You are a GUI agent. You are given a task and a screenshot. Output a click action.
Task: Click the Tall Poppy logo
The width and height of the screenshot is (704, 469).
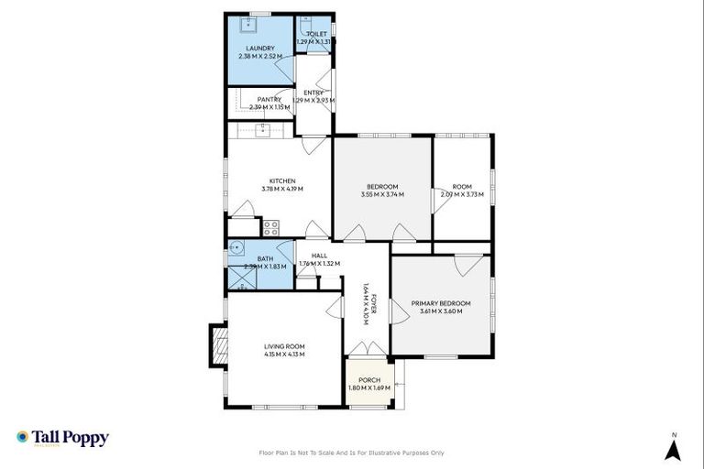[62, 438]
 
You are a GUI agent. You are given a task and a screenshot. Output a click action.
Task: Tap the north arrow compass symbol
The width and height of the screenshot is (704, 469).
[674, 448]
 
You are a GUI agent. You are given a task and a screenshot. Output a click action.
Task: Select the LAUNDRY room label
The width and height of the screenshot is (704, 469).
[258, 49]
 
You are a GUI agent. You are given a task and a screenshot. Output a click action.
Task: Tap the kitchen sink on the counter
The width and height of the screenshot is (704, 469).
[264, 130]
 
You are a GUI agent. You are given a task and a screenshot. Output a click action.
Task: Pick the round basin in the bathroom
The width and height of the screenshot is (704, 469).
[237, 247]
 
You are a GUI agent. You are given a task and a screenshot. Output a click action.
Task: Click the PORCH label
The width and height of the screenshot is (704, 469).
[369, 379]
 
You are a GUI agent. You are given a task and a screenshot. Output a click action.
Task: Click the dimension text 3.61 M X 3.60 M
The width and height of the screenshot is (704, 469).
[441, 311]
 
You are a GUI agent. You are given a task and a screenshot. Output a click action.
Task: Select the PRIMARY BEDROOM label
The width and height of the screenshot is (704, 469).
[441, 303]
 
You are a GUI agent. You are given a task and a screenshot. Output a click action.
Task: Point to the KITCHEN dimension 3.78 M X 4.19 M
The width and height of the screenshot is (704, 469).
[281, 189]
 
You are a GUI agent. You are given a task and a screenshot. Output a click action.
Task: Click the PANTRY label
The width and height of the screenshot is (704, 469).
[269, 99]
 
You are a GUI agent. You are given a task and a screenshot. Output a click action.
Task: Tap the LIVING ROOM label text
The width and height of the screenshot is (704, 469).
[284, 346]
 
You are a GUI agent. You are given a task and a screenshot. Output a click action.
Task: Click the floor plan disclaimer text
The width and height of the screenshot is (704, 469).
[352, 453]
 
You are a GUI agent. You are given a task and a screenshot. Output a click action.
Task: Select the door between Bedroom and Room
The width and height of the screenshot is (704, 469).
[437, 202]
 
